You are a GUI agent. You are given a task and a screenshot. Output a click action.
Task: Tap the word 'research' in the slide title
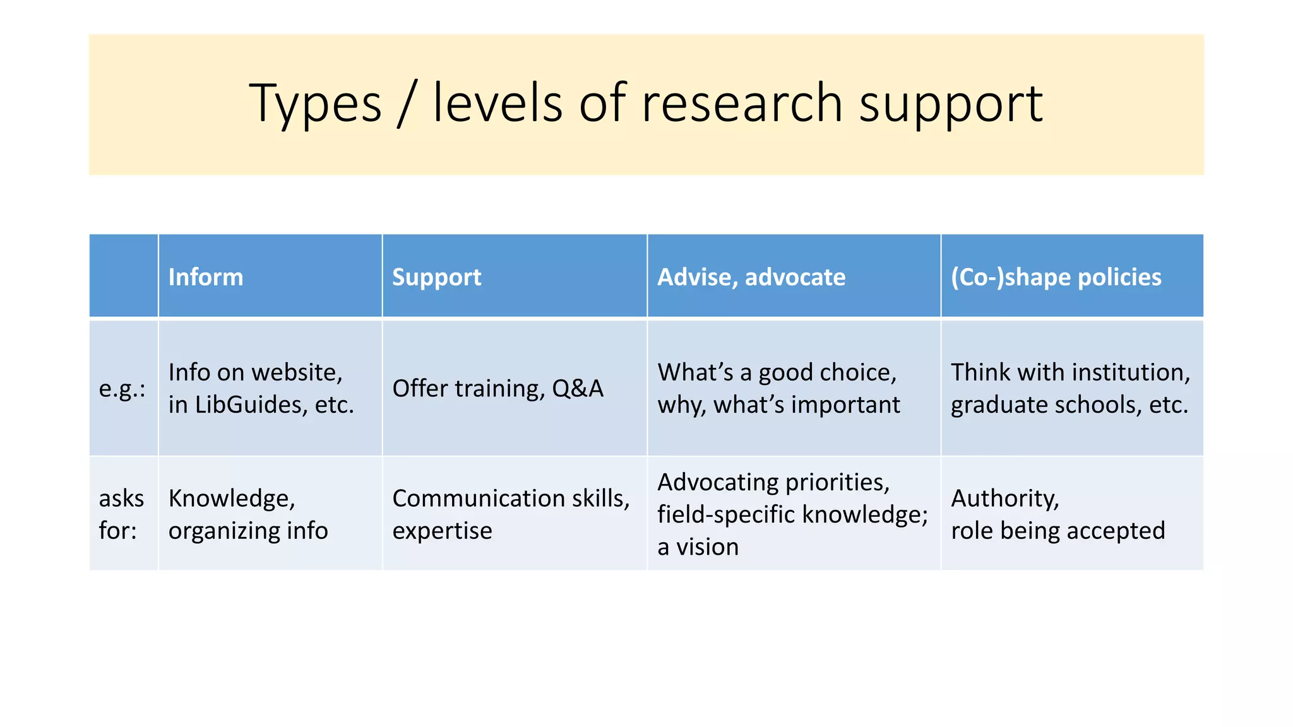point(742,103)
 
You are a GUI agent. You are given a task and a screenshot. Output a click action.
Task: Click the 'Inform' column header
point(206,277)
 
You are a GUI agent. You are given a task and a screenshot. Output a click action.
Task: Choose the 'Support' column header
point(436,277)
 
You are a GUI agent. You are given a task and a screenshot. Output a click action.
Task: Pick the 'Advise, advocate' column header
point(751,277)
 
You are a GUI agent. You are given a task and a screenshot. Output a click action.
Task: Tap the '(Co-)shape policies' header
point(1056,277)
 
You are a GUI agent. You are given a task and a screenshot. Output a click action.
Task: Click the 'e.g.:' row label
point(122,389)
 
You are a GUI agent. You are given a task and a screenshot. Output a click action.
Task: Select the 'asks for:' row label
point(121,514)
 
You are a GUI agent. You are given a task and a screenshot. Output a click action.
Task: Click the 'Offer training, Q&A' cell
point(498,389)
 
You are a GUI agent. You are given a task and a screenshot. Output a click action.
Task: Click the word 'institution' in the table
point(1118,372)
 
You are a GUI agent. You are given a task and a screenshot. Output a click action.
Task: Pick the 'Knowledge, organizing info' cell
point(248,514)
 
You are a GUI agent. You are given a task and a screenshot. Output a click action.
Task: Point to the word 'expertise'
point(442,531)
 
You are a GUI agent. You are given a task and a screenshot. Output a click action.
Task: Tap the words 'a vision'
point(698,547)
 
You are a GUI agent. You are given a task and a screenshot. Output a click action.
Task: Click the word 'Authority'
point(1004,499)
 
